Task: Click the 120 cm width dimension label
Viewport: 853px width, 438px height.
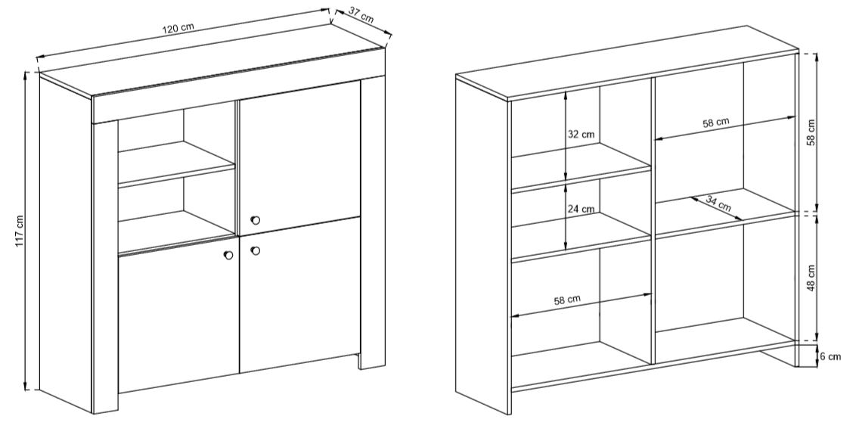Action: (178, 29)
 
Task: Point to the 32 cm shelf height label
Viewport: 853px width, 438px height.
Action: (581, 135)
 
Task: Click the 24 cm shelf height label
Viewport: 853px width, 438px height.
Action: (581, 208)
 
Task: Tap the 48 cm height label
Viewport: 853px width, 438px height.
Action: (811, 278)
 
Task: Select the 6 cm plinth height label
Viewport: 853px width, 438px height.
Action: (830, 356)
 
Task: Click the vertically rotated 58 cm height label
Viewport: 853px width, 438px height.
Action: (811, 132)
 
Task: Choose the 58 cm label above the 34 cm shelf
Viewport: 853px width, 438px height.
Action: (716, 123)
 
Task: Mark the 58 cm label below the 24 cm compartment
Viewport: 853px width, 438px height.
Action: (567, 300)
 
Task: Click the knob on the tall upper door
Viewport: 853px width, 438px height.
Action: (256, 220)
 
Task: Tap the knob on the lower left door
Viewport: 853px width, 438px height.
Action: (228, 255)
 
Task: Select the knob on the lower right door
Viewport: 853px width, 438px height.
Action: (256, 250)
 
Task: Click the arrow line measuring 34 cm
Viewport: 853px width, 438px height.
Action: (718, 208)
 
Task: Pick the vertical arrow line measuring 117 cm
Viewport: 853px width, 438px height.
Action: (26, 231)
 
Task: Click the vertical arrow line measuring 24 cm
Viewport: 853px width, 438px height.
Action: (567, 216)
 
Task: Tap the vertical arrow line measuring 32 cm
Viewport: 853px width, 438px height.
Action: (567, 135)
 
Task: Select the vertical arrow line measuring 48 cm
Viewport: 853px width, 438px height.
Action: (817, 278)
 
